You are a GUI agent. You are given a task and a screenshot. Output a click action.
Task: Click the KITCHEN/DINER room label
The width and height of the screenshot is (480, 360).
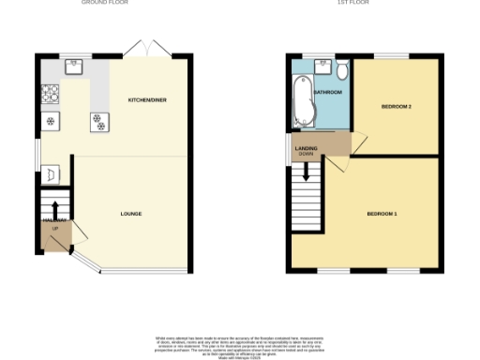click(x=147, y=99)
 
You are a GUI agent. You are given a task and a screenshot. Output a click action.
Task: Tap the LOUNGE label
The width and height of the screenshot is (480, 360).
click(x=131, y=215)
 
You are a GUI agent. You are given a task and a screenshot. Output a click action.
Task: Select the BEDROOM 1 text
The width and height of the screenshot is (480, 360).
click(x=382, y=215)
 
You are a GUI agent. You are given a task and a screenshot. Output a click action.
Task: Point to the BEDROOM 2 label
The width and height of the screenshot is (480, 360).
click(x=397, y=107)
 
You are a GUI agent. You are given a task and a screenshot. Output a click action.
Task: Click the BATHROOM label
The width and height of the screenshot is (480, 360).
click(x=328, y=93)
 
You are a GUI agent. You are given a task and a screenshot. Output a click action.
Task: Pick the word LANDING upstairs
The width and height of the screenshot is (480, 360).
click(x=306, y=148)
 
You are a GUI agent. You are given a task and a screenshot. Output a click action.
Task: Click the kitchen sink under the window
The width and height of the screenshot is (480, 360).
click(x=74, y=66)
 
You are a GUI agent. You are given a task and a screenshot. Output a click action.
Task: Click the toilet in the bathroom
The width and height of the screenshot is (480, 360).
click(x=342, y=71)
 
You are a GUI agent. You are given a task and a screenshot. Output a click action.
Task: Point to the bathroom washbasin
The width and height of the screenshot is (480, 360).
click(x=322, y=65)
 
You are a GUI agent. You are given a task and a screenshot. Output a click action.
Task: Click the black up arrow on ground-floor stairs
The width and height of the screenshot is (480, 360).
click(x=54, y=209)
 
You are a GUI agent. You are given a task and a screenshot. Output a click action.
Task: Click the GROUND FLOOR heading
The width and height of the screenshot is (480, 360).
click(x=105, y=3)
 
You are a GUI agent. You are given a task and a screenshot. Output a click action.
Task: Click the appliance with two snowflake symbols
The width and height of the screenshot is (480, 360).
click(x=97, y=120)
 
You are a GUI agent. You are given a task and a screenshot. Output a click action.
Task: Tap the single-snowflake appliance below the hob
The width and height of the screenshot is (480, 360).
click(x=50, y=121)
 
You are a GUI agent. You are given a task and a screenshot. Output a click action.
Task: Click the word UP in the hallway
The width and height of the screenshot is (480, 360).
click(x=54, y=229)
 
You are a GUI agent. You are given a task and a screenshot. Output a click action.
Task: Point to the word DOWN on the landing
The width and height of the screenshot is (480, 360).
click(x=306, y=155)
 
